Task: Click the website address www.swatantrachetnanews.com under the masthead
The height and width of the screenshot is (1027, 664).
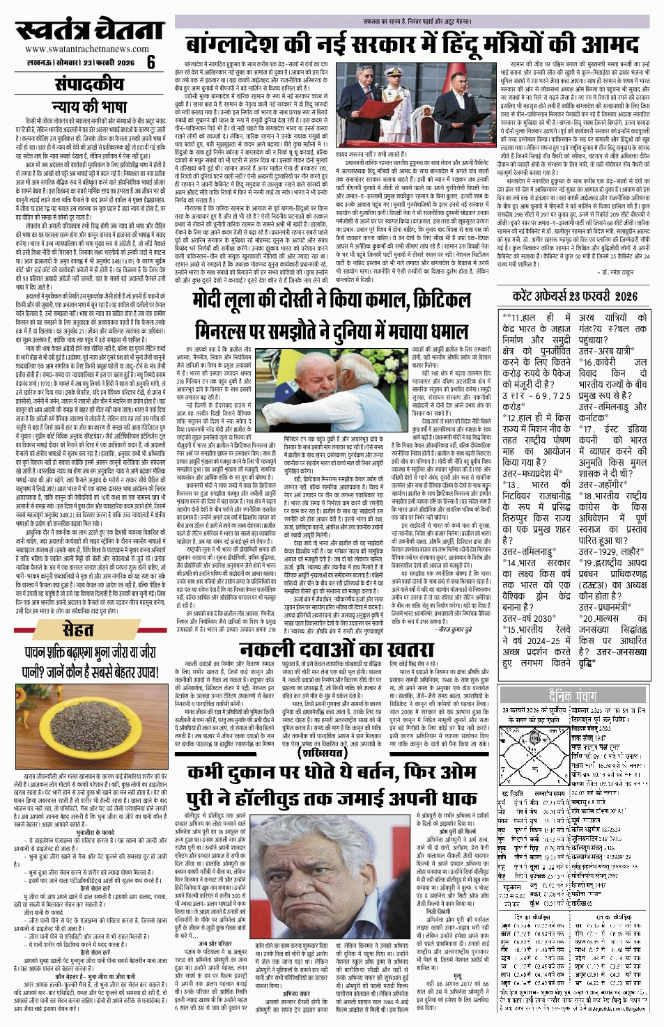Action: [87, 49]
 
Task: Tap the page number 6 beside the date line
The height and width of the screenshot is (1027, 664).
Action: [151, 62]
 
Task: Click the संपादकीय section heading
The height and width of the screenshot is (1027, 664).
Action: [90, 84]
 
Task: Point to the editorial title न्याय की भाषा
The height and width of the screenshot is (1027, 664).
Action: [89, 107]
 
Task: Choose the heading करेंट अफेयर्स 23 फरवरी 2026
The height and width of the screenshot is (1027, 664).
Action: [574, 295]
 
